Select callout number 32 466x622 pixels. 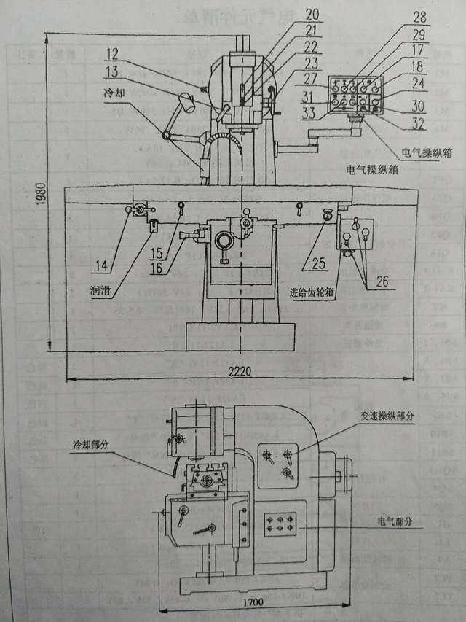417,124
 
